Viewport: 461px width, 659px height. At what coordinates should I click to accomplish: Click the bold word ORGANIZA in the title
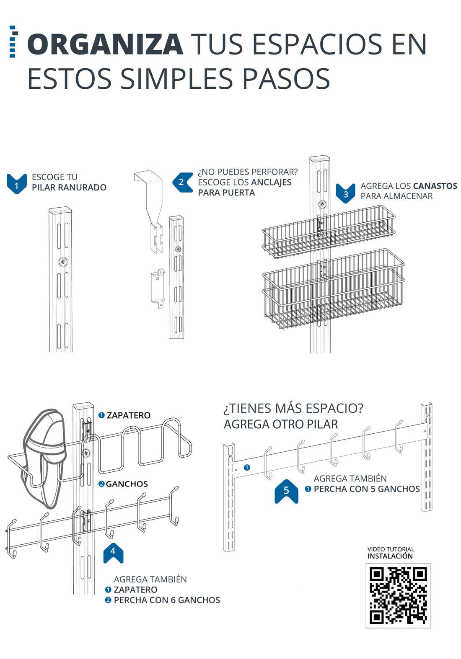click(x=105, y=44)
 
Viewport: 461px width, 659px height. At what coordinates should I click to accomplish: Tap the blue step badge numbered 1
click(x=17, y=184)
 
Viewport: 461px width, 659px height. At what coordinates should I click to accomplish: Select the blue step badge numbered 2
click(x=182, y=182)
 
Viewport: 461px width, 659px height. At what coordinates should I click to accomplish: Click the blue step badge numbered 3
click(x=345, y=193)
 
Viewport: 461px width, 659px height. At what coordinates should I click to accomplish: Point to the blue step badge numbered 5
click(x=286, y=491)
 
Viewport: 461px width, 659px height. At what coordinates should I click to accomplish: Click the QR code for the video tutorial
click(x=398, y=595)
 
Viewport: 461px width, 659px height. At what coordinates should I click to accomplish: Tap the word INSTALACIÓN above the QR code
click(x=390, y=556)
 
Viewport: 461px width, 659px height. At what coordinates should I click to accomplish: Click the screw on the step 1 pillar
click(x=63, y=262)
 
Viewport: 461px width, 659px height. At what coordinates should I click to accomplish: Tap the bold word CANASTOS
click(x=435, y=186)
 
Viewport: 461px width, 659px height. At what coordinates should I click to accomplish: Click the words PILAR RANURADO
click(x=69, y=188)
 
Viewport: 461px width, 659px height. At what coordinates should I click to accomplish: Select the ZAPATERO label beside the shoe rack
click(x=128, y=415)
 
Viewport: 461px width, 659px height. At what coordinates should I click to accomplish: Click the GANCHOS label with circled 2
click(x=127, y=484)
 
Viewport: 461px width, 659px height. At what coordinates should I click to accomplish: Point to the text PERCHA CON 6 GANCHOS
click(x=167, y=600)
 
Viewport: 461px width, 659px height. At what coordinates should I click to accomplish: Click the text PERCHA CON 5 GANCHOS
click(x=367, y=489)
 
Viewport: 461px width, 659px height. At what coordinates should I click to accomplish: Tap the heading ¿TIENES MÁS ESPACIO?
click(x=293, y=408)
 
